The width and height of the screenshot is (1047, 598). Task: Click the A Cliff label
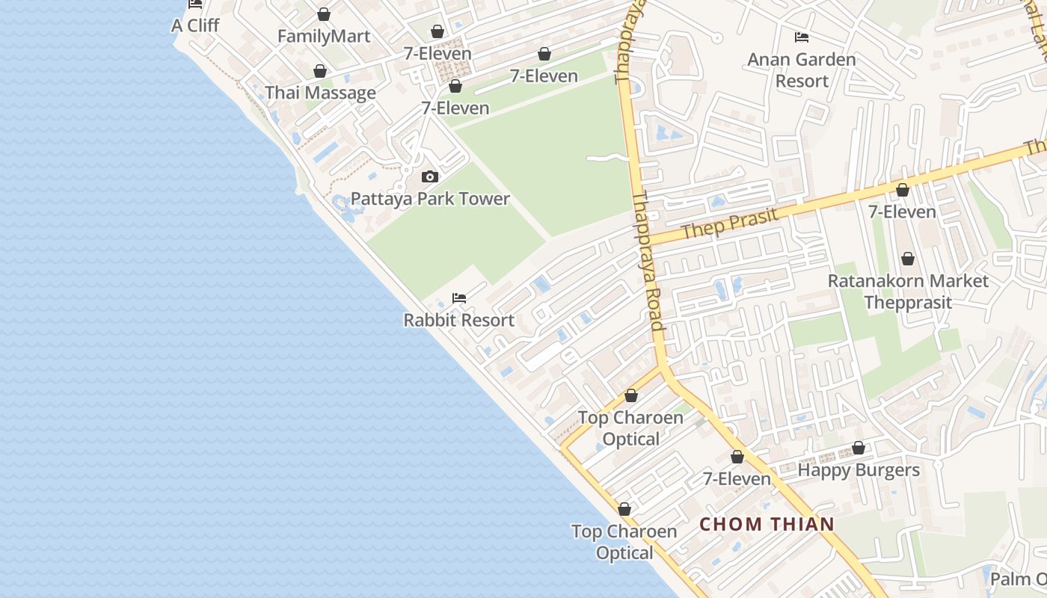tap(195, 25)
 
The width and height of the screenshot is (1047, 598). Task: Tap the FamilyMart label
tap(324, 36)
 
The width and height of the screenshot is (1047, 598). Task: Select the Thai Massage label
tap(320, 93)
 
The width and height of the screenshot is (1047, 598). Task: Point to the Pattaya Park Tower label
tap(430, 199)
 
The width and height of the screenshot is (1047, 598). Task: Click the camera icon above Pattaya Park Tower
tap(429, 177)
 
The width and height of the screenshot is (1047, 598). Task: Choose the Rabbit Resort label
tap(458, 320)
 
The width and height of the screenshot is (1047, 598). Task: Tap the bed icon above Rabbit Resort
tap(459, 298)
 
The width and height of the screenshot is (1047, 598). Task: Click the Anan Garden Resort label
tap(802, 70)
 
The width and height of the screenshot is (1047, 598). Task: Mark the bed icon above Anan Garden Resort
tap(802, 37)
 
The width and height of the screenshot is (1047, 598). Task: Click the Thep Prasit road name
tap(731, 224)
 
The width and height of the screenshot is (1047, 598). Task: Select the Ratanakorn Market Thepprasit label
tap(908, 292)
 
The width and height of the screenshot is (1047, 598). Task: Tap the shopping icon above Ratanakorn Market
tap(907, 259)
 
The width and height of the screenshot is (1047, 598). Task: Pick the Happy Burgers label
tap(859, 470)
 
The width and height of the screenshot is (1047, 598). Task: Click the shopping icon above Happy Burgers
tap(859, 449)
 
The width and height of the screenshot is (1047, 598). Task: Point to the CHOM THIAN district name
tap(767, 524)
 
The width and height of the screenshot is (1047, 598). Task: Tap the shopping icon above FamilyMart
tap(324, 14)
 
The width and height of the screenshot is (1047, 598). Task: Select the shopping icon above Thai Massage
tap(320, 71)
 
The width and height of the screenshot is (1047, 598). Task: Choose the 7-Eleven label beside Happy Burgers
tap(737, 478)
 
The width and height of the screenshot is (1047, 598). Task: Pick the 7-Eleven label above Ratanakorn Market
tap(902, 212)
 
